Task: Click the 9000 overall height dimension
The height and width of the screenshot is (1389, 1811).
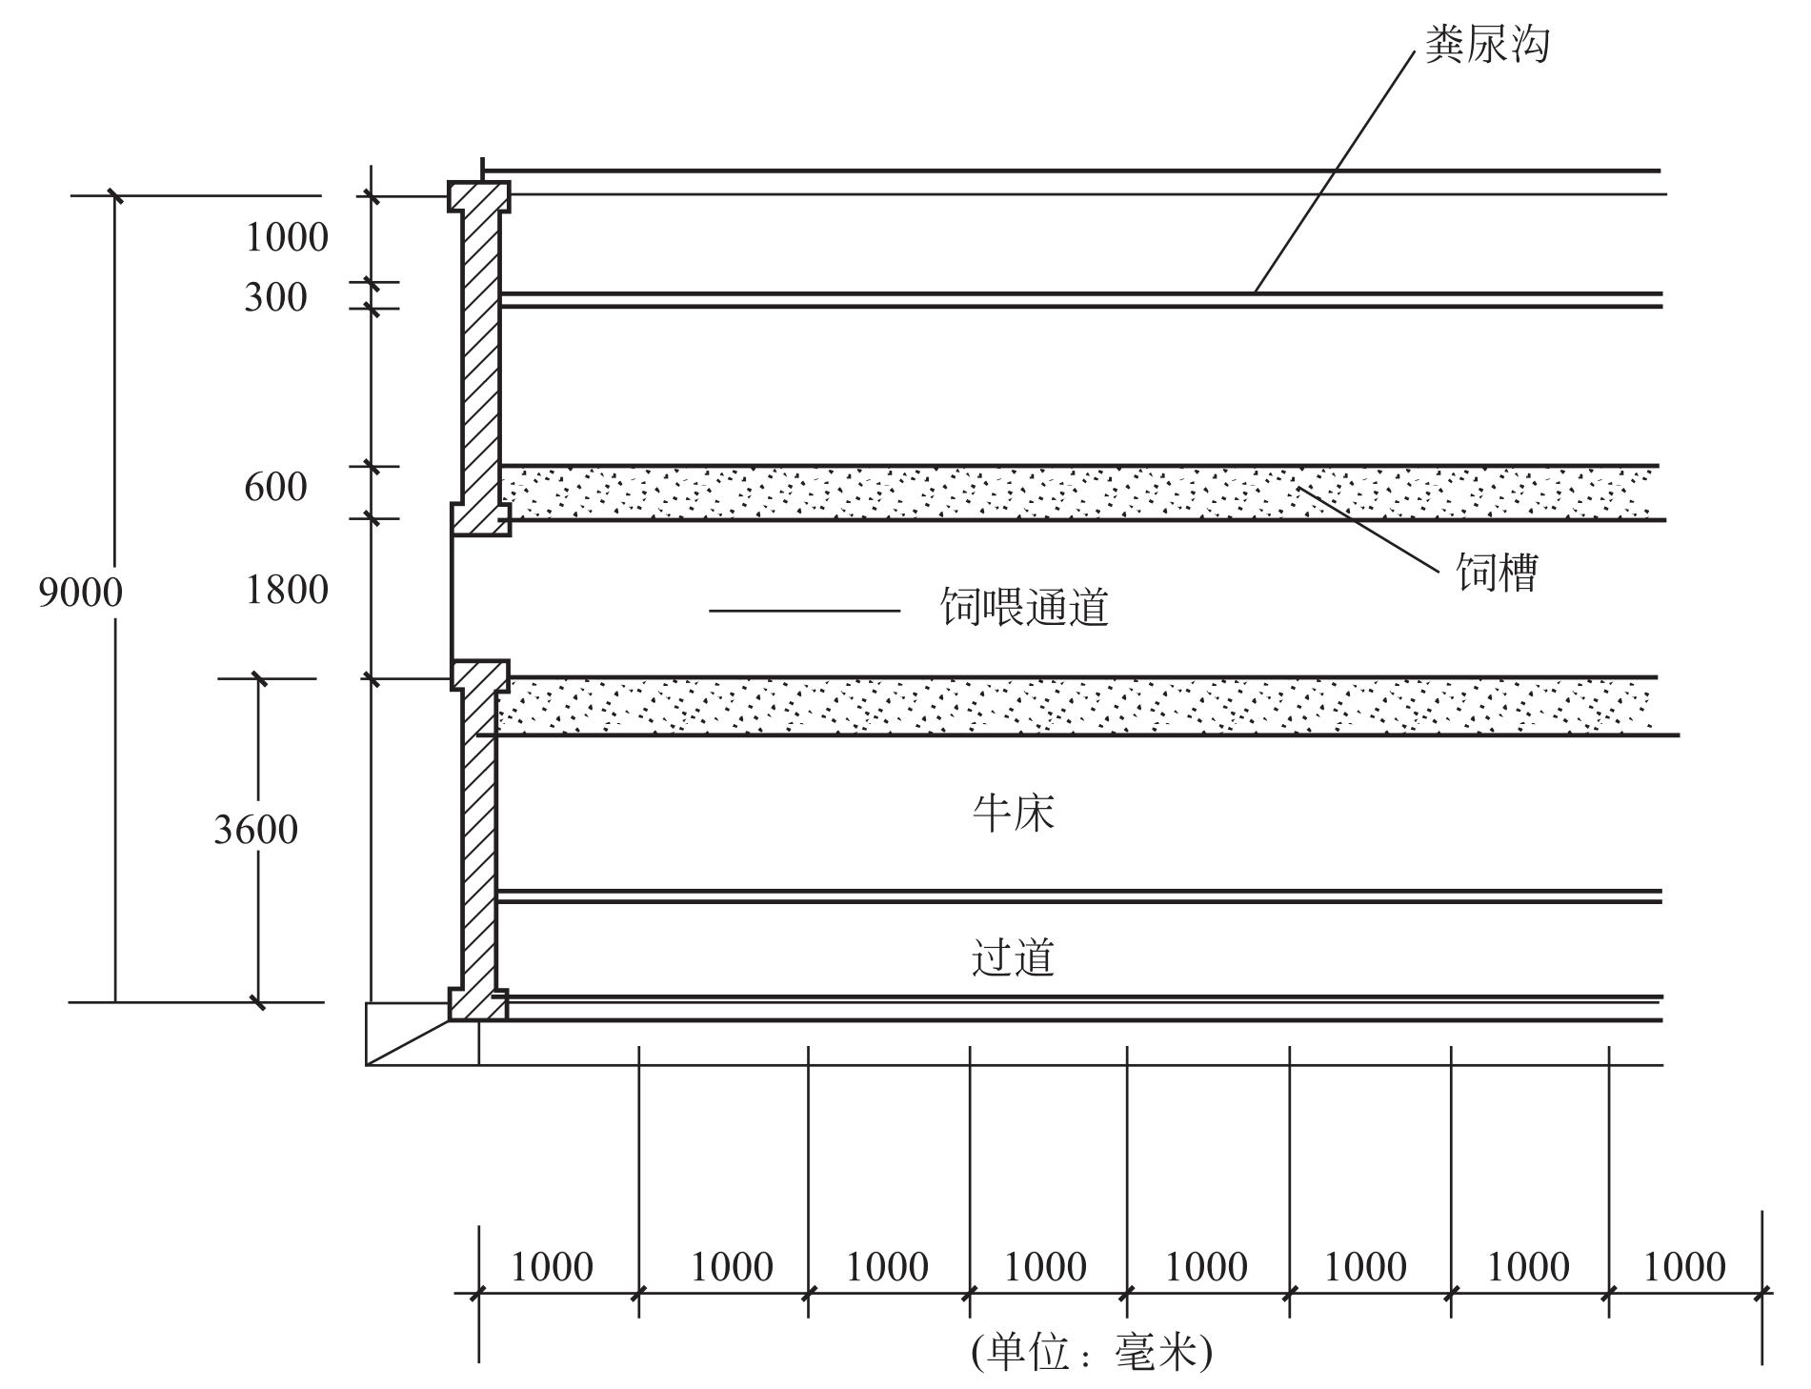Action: click(x=81, y=593)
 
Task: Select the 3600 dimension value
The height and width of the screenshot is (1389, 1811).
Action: click(x=255, y=830)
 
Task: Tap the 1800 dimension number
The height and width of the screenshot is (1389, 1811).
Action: click(x=287, y=591)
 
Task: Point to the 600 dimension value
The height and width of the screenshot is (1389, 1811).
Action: click(x=275, y=488)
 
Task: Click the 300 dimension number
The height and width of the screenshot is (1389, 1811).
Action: click(x=275, y=297)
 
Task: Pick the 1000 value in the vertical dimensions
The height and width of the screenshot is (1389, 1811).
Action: click(x=286, y=237)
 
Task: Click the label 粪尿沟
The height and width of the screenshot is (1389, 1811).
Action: click(x=1487, y=45)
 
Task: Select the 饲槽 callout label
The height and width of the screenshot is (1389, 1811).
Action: click(x=1497, y=573)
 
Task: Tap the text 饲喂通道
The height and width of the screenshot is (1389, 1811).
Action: click(x=1025, y=607)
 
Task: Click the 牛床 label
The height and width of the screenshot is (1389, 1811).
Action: click(x=1014, y=814)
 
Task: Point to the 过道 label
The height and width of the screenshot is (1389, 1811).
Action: click(x=1014, y=957)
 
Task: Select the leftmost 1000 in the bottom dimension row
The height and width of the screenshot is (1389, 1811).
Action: click(x=552, y=1267)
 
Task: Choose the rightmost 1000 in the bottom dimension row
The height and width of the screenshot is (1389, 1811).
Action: click(x=1684, y=1267)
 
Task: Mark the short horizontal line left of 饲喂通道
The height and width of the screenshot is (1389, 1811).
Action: click(x=804, y=610)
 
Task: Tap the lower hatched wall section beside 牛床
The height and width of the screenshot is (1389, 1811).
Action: click(x=479, y=838)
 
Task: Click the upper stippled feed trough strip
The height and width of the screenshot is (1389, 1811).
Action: click(x=1077, y=493)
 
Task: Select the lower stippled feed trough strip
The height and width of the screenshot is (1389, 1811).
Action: click(x=1077, y=706)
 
